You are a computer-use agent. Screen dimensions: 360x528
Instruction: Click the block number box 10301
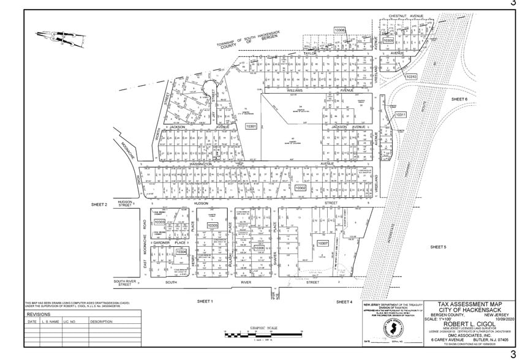tap(251, 126)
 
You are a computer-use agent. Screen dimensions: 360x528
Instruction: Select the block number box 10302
tap(300, 189)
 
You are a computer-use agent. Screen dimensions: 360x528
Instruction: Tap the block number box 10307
tap(323, 243)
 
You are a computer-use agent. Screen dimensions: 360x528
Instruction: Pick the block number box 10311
tap(401, 114)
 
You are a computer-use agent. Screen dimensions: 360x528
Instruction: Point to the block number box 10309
tap(388, 40)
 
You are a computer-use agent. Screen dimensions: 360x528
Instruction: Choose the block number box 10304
tap(181, 252)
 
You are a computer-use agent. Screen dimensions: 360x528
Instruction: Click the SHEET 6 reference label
tap(459, 99)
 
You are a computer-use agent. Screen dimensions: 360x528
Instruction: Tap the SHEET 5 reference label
tap(439, 247)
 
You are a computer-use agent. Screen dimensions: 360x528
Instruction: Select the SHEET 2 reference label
tap(99, 204)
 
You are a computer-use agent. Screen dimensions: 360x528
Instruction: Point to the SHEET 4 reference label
tap(344, 302)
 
